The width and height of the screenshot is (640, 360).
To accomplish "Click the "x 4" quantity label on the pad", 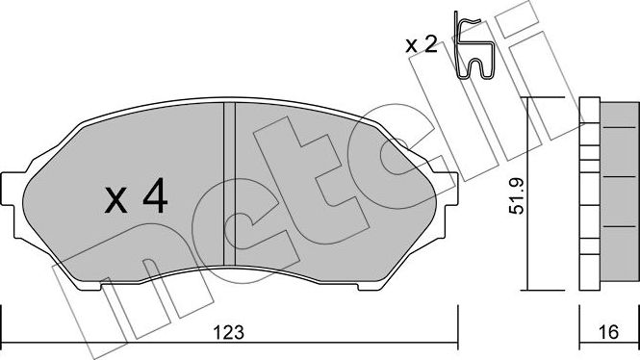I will click(x=137, y=199).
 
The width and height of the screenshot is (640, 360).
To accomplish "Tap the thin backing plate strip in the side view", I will click(x=583, y=193).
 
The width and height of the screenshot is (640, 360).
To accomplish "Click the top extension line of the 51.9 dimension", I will click(x=544, y=98).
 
